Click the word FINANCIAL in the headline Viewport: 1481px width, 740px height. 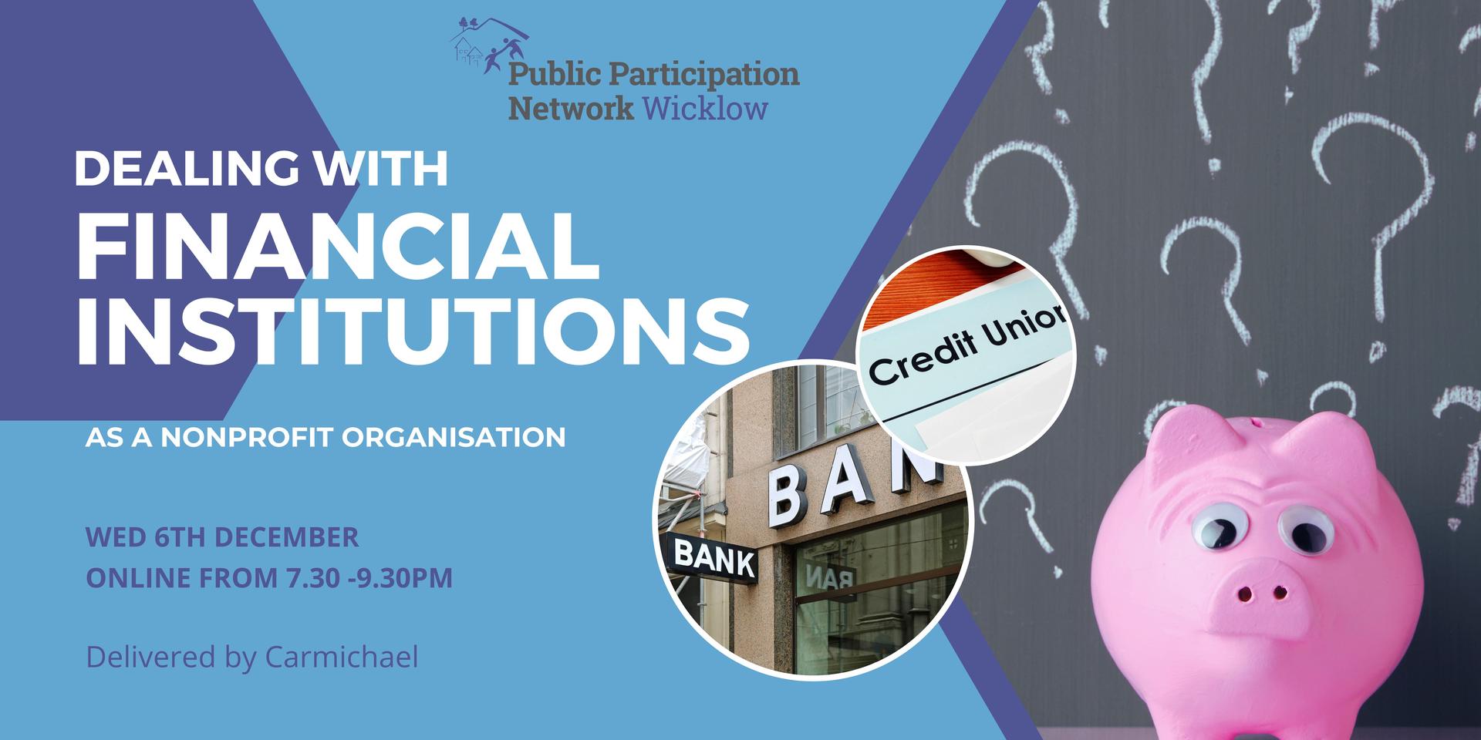pos(337,247)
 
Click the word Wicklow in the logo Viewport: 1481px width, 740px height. pos(705,109)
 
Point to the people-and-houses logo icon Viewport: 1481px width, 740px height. pos(489,45)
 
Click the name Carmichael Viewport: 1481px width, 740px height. pos(342,658)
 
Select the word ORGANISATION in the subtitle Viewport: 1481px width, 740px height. pos(454,438)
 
